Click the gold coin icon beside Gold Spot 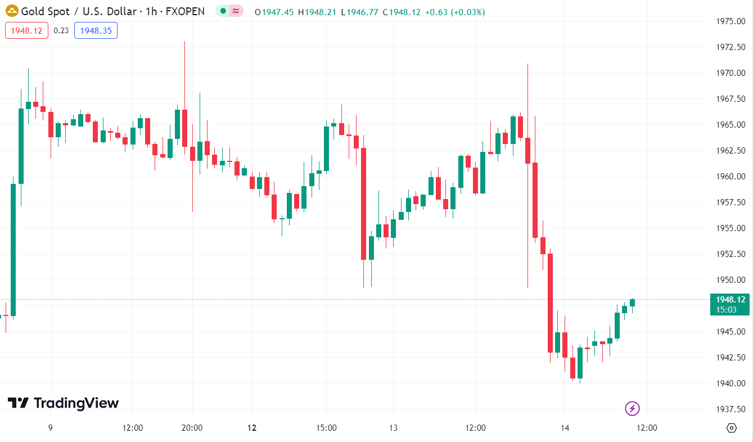(12, 11)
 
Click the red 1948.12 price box (27, 30)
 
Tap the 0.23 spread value (61, 30)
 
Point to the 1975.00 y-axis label (731, 21)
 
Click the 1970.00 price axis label (731, 73)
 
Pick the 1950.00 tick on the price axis (731, 280)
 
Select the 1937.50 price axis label (731, 409)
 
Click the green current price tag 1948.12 (729, 304)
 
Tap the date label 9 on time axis (50, 428)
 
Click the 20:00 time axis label (192, 428)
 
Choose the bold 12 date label (252, 428)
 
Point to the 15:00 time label (326, 428)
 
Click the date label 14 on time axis (565, 428)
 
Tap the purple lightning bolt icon (633, 408)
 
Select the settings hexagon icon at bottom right (731, 428)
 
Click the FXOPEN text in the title (185, 11)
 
